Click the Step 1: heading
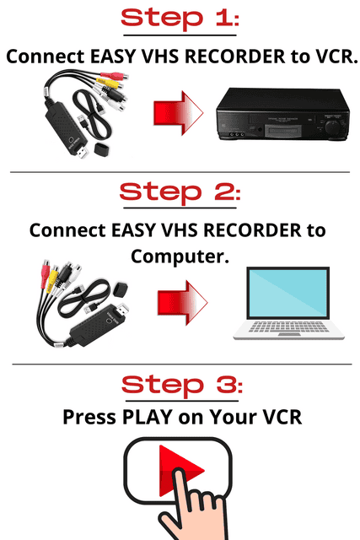point(180,18)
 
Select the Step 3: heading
point(180,386)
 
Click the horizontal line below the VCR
point(180,171)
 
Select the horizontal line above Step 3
point(180,364)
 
